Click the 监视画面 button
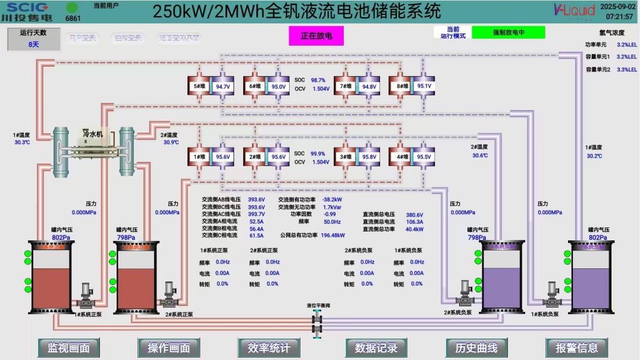point(68,348)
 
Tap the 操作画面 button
point(168,348)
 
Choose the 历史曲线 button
point(476,348)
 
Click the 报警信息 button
point(576,348)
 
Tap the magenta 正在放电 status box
point(316,36)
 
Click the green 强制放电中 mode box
point(508,32)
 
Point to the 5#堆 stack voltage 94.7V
point(223,87)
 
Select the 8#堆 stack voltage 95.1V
point(424,86)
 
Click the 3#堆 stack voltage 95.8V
point(369,157)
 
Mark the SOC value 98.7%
point(318,80)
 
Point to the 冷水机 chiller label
point(93,134)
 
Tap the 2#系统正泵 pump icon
point(168,293)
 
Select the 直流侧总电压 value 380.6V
point(415,215)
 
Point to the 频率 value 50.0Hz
point(332,221)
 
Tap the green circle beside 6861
point(72,8)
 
